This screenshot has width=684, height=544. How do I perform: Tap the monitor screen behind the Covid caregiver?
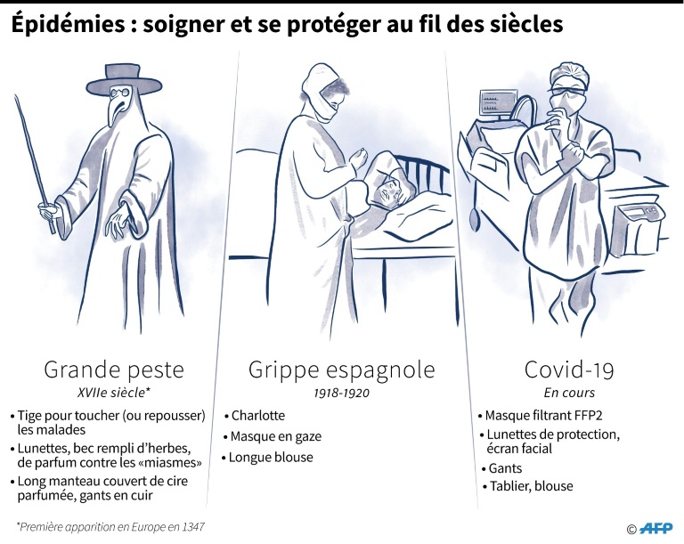(496, 103)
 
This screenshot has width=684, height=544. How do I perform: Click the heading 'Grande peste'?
(114, 370)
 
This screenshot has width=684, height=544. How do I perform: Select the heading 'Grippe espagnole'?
(342, 370)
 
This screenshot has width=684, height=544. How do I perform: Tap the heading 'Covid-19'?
(569, 369)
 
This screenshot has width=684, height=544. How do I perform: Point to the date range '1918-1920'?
(342, 393)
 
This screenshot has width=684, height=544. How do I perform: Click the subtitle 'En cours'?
(569, 393)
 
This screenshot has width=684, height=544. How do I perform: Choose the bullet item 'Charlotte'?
(255, 415)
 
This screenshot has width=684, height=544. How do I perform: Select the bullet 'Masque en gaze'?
(273, 436)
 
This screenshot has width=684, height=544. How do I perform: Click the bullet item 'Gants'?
(501, 468)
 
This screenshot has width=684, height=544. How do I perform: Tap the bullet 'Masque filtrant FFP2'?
(540, 415)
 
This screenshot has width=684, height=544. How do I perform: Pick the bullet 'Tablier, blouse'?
(528, 486)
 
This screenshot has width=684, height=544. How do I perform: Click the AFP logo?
(655, 528)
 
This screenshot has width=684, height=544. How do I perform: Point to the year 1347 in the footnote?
(193, 527)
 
